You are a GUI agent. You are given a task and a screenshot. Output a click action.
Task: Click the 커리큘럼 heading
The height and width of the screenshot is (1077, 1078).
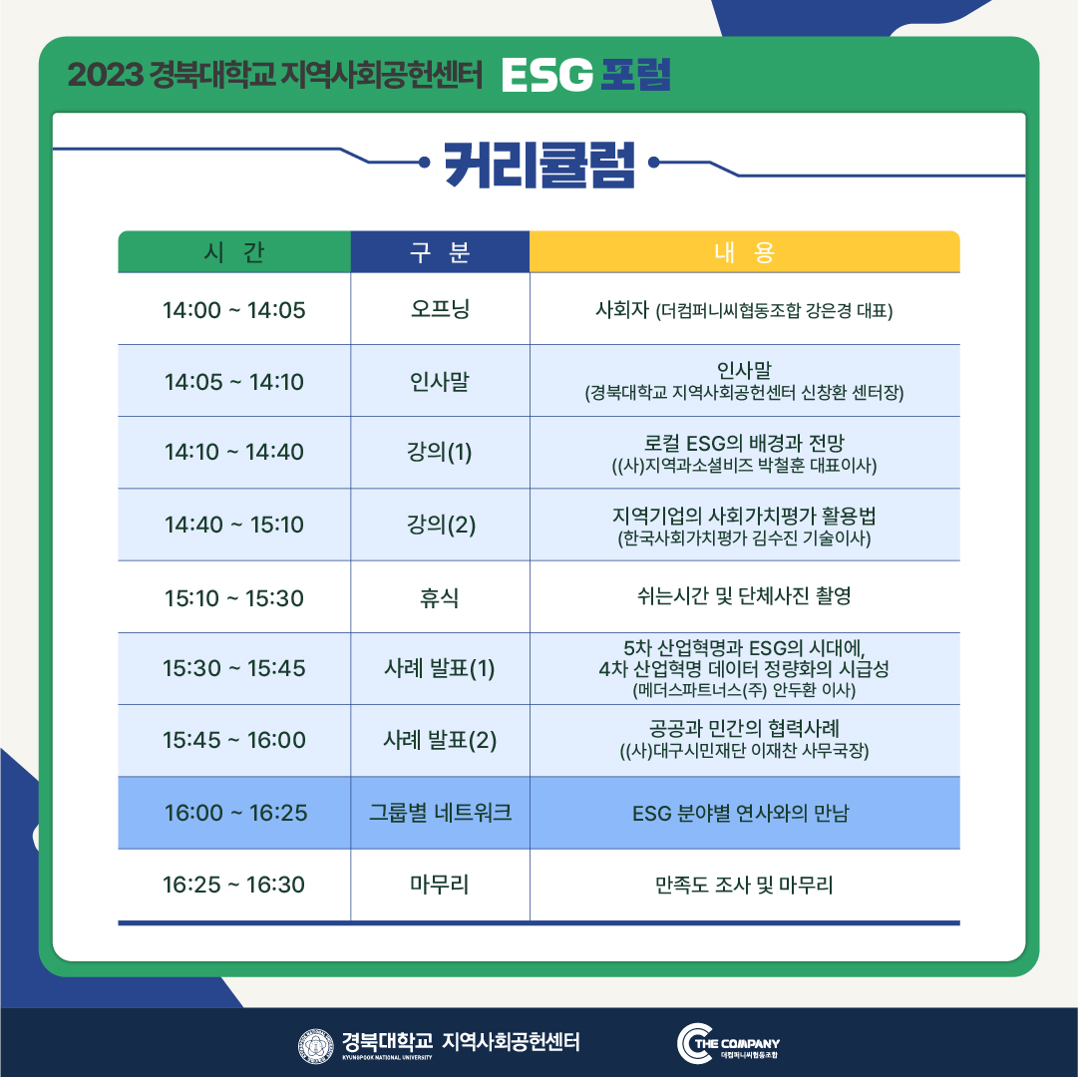point(539,165)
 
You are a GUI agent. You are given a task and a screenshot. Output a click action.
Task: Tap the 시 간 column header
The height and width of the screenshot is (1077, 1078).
point(234,252)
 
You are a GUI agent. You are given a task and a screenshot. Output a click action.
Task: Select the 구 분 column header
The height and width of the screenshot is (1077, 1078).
point(440,252)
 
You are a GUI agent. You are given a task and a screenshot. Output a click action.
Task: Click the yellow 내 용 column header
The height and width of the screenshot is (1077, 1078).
point(745,252)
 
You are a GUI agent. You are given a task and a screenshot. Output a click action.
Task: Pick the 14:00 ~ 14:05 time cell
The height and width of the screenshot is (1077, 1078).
point(233,310)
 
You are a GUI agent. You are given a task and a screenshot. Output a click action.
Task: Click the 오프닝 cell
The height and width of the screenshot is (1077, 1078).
point(440,308)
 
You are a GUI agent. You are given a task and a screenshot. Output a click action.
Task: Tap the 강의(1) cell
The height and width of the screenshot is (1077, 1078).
point(440,452)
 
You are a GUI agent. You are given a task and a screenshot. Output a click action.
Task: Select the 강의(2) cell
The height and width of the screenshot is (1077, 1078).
point(441,525)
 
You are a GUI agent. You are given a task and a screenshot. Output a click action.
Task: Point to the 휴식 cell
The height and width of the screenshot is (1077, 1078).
point(440,597)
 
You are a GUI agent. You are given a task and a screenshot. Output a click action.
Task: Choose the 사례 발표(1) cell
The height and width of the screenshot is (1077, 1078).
point(440,668)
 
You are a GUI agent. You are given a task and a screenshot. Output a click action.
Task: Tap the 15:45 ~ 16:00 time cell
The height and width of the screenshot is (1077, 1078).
point(233,740)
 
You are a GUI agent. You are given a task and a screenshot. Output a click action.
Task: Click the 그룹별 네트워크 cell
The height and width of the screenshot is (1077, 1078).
point(440,813)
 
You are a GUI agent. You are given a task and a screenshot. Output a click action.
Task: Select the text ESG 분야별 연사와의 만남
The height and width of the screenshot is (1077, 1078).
point(741,814)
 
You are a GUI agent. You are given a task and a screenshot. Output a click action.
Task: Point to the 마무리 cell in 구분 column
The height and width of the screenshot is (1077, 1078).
point(440,885)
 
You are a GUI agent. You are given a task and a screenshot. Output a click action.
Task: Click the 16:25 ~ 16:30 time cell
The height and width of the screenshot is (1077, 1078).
point(233,885)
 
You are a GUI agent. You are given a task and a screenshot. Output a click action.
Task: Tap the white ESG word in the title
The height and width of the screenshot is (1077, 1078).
point(547,75)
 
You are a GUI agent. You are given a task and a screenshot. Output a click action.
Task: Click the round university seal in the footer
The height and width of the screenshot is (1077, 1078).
point(315,1046)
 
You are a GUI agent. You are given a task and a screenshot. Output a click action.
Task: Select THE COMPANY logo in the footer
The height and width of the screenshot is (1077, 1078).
point(729,1043)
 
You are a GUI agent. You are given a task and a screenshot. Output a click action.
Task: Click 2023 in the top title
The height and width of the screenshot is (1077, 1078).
point(105,75)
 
